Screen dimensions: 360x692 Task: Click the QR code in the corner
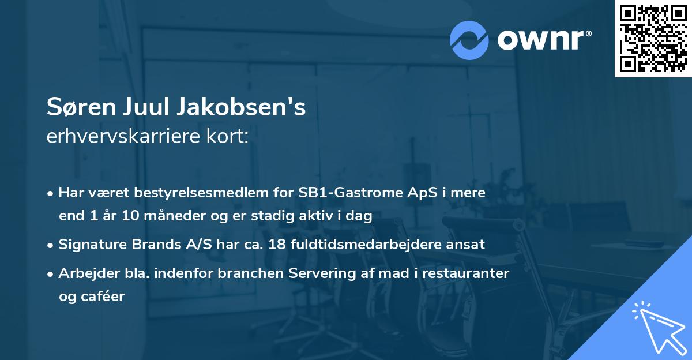tap(653, 39)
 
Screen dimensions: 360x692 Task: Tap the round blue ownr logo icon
tap(469, 40)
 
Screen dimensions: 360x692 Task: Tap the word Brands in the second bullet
tap(157, 245)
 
